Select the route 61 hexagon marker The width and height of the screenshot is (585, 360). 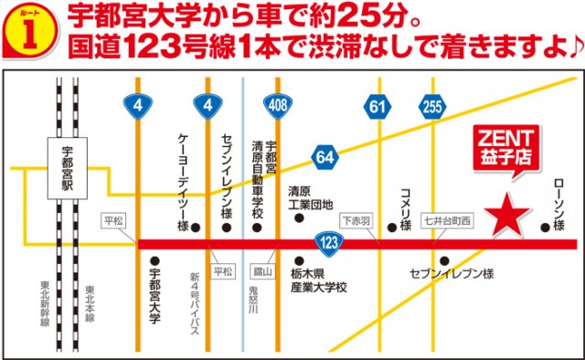(377, 106)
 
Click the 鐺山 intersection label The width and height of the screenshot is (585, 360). (262, 271)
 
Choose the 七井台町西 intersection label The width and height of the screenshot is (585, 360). (446, 221)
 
